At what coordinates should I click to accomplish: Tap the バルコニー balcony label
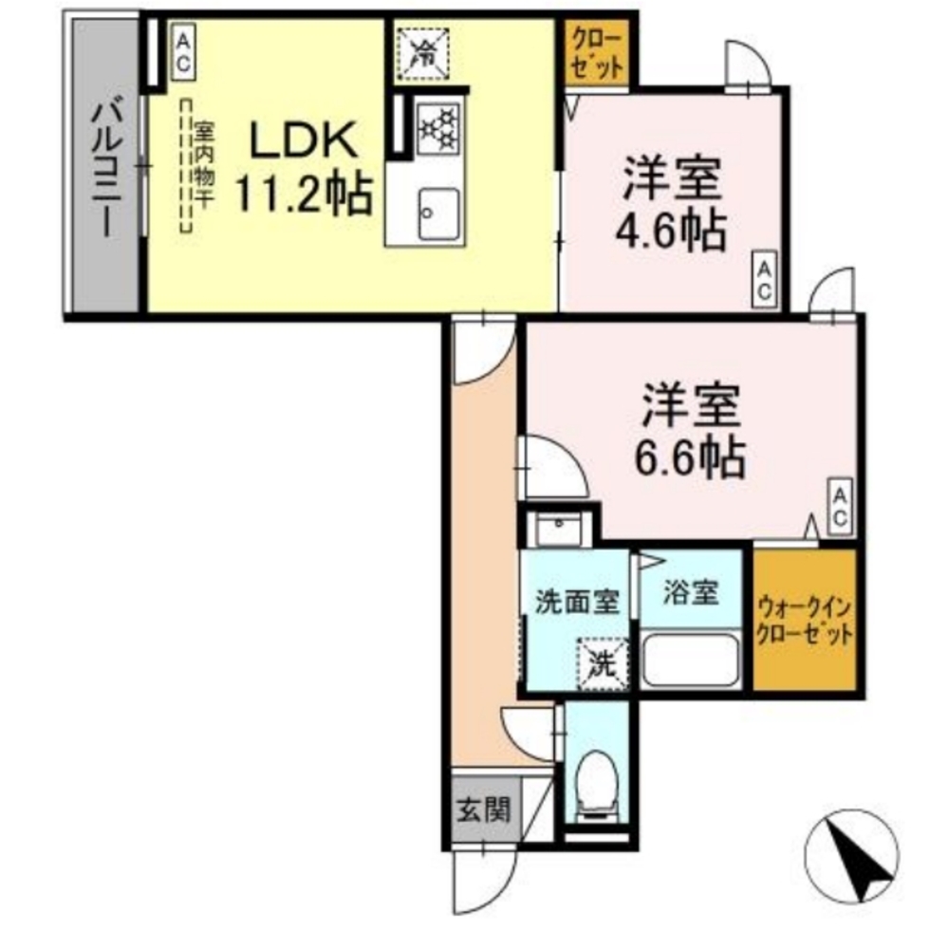pyautogui.click(x=105, y=169)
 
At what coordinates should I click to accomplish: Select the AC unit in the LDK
pyautogui.click(x=182, y=52)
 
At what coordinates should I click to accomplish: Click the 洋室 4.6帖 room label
pyautogui.click(x=675, y=203)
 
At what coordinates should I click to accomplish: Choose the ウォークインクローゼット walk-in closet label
pyautogui.click(x=805, y=621)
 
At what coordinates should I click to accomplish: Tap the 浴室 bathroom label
pyautogui.click(x=690, y=593)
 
